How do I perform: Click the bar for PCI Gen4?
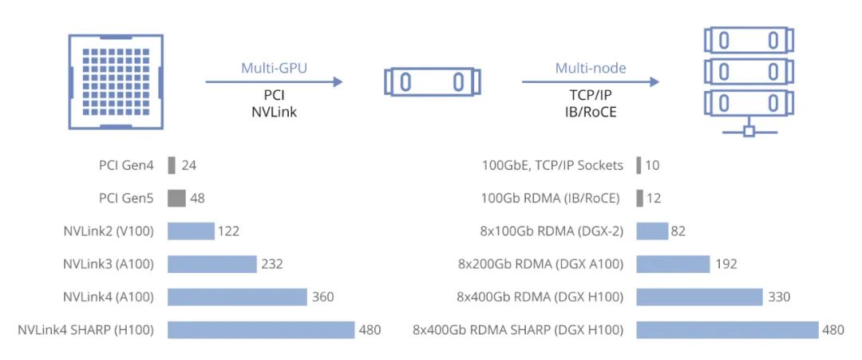[x=172, y=165]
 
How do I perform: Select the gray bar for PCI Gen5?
[x=176, y=199]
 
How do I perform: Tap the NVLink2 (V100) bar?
[x=191, y=231]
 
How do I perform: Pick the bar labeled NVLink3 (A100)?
[x=212, y=264]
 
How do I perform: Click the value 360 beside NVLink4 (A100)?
[x=322, y=297]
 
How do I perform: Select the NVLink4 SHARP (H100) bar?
[x=261, y=330]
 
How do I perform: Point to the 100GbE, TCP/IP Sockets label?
[x=552, y=165]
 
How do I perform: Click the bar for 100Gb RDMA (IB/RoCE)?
[x=640, y=199]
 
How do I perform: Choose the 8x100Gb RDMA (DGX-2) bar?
[x=652, y=231]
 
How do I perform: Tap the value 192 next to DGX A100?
[x=726, y=264]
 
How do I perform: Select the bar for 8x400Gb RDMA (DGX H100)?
[x=699, y=297]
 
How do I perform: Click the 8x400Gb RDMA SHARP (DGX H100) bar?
[x=728, y=330]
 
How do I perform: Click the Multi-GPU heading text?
[x=274, y=68]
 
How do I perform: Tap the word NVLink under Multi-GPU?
[x=274, y=113]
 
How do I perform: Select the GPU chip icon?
[x=116, y=81]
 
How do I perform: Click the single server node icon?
[x=432, y=82]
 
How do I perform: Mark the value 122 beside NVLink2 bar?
[x=229, y=231]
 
